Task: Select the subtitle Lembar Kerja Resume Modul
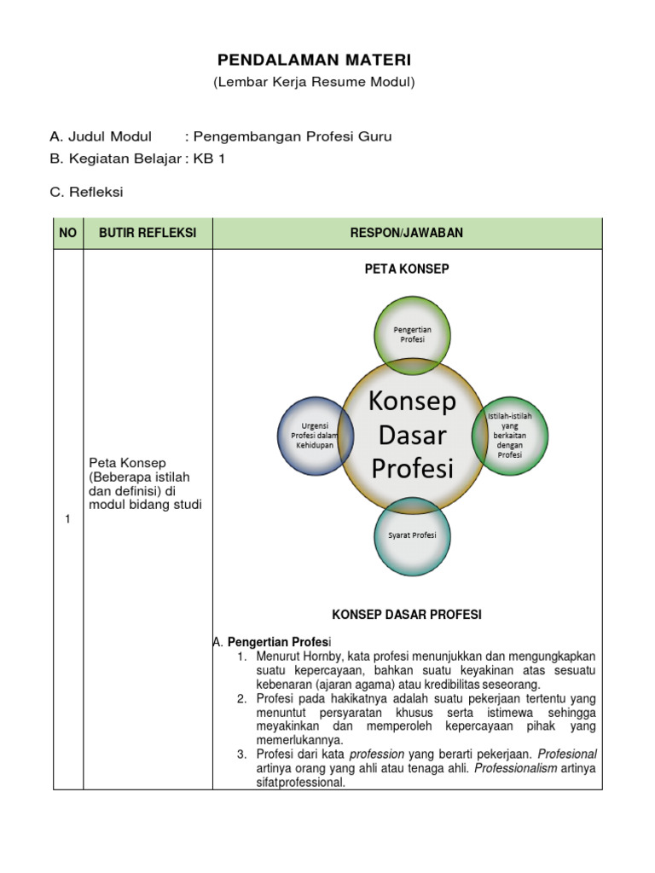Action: pos(314,82)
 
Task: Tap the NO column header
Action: pos(68,234)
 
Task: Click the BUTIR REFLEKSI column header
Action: pos(148,234)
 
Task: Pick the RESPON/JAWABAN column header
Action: pos(407,234)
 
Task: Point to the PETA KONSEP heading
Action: pos(407,269)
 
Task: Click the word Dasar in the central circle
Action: pos(412,435)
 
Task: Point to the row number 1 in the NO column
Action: pos(67,520)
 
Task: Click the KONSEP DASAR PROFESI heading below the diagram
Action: pos(407,614)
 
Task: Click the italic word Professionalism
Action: pos(515,768)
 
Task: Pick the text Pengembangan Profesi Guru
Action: pos(294,136)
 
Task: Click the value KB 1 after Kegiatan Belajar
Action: pos(209,159)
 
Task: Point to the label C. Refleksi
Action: pos(87,192)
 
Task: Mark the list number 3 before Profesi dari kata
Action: pos(241,754)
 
